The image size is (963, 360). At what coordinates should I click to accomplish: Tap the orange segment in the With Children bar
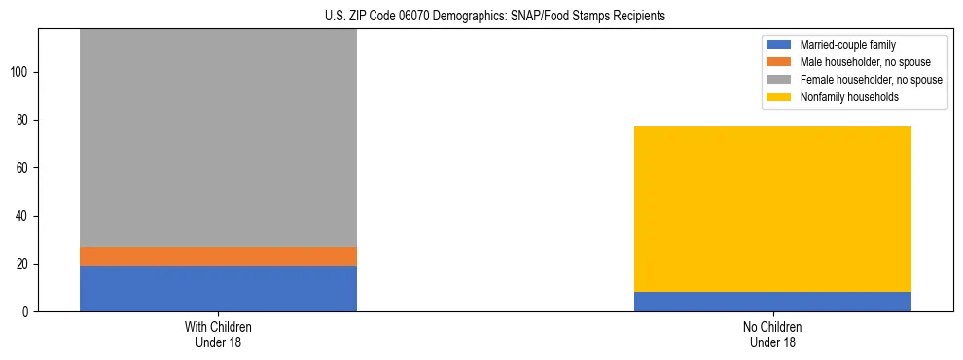(218, 256)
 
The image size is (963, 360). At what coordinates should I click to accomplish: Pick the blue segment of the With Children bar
(218, 288)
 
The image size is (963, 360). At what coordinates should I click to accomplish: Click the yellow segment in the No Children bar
(772, 209)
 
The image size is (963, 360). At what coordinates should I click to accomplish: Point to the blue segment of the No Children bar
(772, 302)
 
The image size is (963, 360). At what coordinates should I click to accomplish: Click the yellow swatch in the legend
(779, 97)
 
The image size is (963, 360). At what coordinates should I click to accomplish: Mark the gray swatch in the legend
(779, 80)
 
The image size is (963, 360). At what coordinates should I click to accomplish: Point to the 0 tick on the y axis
(28, 311)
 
